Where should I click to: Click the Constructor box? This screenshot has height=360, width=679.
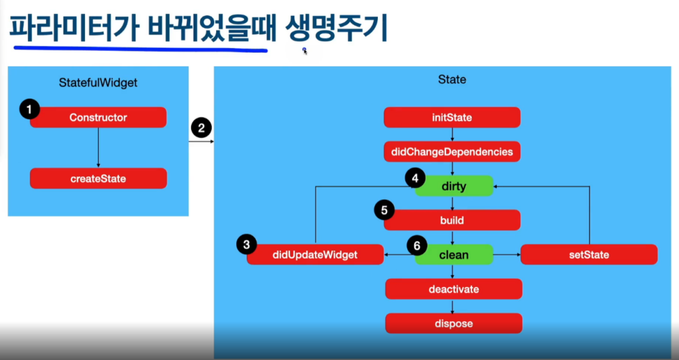coord(98,117)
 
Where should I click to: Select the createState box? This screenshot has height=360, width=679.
coord(98,178)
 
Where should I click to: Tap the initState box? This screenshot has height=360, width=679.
coord(452,117)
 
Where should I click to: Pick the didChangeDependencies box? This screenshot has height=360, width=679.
coord(452,152)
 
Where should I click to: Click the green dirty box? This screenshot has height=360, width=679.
coord(454,186)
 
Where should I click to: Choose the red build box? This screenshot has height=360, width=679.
coord(452,220)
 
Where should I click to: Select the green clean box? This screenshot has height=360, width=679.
coord(454,255)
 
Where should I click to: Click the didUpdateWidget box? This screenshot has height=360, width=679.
coord(315,255)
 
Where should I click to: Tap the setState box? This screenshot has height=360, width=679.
coord(589,255)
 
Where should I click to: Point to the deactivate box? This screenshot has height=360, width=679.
coord(454,289)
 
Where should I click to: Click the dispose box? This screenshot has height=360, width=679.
coord(454,324)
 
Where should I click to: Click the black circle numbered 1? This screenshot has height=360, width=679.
coord(29,108)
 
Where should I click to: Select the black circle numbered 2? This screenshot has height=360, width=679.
coord(201,128)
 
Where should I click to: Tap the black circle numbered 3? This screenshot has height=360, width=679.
coord(246,245)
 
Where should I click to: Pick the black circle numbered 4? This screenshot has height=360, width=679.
coord(415,178)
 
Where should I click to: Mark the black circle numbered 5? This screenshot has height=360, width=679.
coord(383,210)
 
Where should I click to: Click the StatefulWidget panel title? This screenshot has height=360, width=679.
coord(98,83)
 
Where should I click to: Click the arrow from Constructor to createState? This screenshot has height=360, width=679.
coord(98,148)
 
